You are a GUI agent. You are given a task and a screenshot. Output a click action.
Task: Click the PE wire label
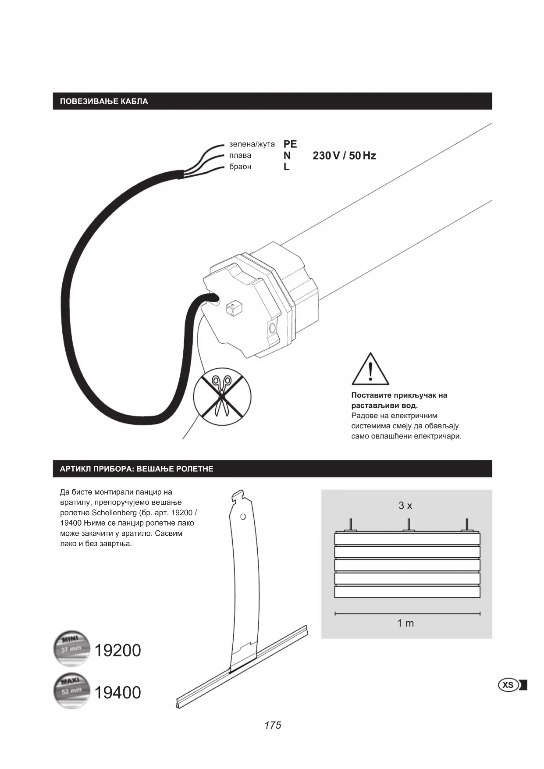click(290, 144)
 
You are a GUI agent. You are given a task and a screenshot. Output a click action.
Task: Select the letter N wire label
click(287, 156)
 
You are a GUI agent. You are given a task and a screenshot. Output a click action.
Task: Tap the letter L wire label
click(286, 167)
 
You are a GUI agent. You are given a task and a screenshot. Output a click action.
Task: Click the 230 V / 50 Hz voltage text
click(344, 156)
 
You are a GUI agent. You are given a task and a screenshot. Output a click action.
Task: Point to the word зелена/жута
click(252, 144)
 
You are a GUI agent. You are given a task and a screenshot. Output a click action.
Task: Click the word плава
click(240, 156)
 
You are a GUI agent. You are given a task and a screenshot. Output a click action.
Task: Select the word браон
click(240, 167)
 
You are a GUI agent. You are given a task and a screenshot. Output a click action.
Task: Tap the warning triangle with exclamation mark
click(370, 369)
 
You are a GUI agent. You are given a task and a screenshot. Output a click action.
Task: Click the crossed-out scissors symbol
click(222, 396)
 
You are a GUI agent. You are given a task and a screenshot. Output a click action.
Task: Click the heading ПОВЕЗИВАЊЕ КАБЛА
click(104, 101)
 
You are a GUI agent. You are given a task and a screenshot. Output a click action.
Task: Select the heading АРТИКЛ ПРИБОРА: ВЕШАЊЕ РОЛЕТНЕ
click(136, 469)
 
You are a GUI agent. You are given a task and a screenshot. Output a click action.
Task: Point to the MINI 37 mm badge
click(71, 648)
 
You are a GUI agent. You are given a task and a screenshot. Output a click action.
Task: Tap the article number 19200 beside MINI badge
click(117, 651)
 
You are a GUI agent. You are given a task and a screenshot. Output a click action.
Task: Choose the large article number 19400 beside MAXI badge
click(117, 693)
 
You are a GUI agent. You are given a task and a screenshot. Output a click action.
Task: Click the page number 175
click(272, 725)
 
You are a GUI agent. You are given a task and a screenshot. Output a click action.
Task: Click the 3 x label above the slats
click(405, 506)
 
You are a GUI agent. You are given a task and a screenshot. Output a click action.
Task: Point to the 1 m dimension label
click(405, 623)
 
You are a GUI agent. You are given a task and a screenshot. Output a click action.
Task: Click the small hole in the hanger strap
click(243, 516)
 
